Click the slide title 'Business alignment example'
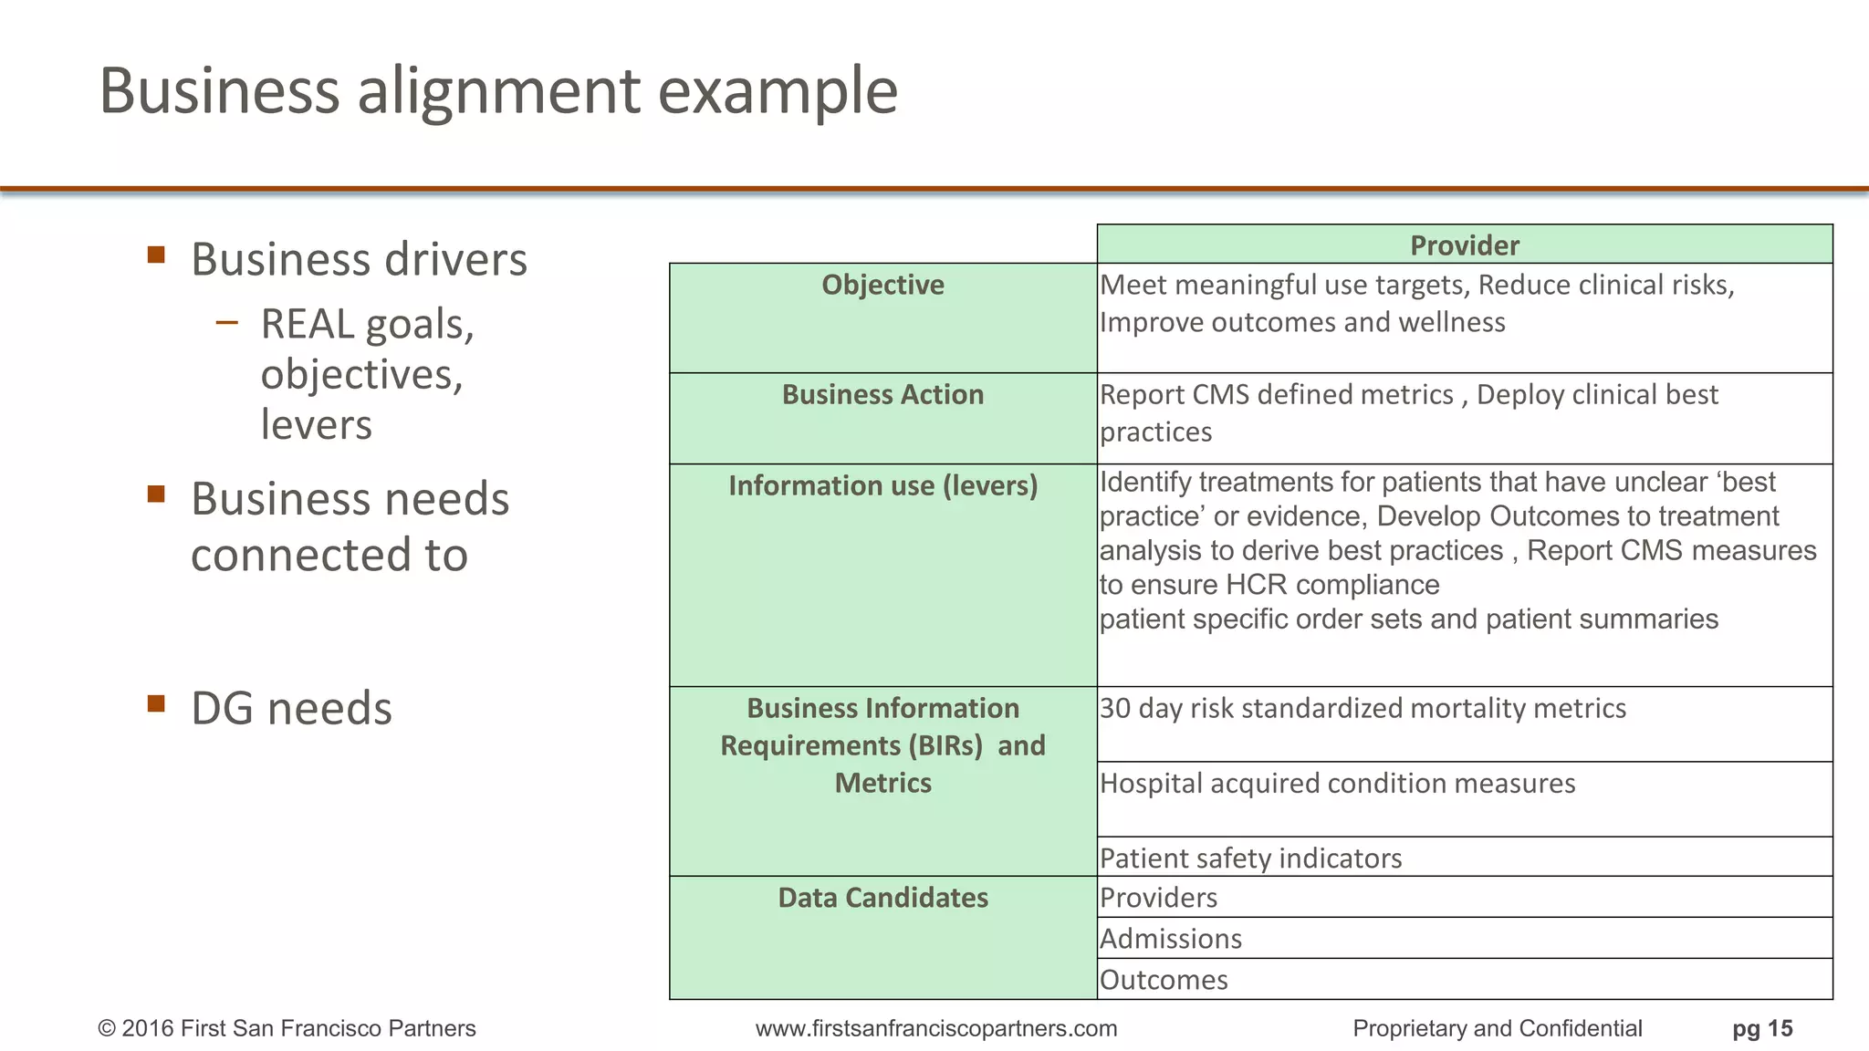point(498,91)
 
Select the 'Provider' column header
point(1464,245)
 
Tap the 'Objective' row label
point(882,285)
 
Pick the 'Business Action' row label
point(882,394)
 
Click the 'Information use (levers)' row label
point(882,485)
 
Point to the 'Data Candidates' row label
point(882,898)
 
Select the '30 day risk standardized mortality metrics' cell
point(1363,709)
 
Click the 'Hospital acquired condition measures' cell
point(1337,784)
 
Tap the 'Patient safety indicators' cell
point(1250,858)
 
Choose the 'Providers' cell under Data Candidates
point(1158,898)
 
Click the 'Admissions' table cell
point(1171,939)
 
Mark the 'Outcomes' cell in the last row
point(1164,980)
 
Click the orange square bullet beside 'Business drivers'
point(156,255)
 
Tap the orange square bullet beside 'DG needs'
point(156,703)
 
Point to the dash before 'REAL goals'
point(227,322)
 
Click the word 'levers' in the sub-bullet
point(317,425)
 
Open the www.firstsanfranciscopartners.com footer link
point(935,1029)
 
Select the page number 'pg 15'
point(1762,1029)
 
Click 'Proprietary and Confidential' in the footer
point(1497,1029)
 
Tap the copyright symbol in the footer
point(107,1029)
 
